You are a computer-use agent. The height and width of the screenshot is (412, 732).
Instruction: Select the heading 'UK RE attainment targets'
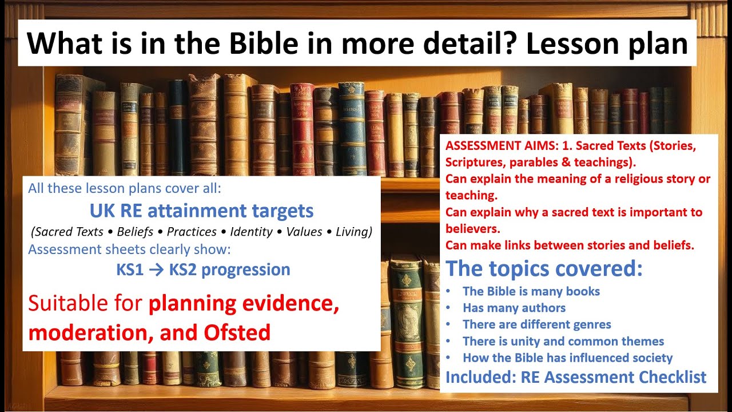click(201, 211)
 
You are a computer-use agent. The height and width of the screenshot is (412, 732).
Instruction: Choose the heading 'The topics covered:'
click(544, 268)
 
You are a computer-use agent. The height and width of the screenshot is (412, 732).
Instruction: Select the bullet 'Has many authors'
click(514, 308)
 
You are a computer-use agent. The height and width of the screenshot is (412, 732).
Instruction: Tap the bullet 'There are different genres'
click(536, 324)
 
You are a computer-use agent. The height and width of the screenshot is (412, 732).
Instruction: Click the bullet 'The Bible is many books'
click(531, 291)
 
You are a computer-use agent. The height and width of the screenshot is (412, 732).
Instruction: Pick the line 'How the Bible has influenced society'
click(567, 358)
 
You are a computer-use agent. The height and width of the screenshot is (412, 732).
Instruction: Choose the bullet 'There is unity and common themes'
click(563, 342)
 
